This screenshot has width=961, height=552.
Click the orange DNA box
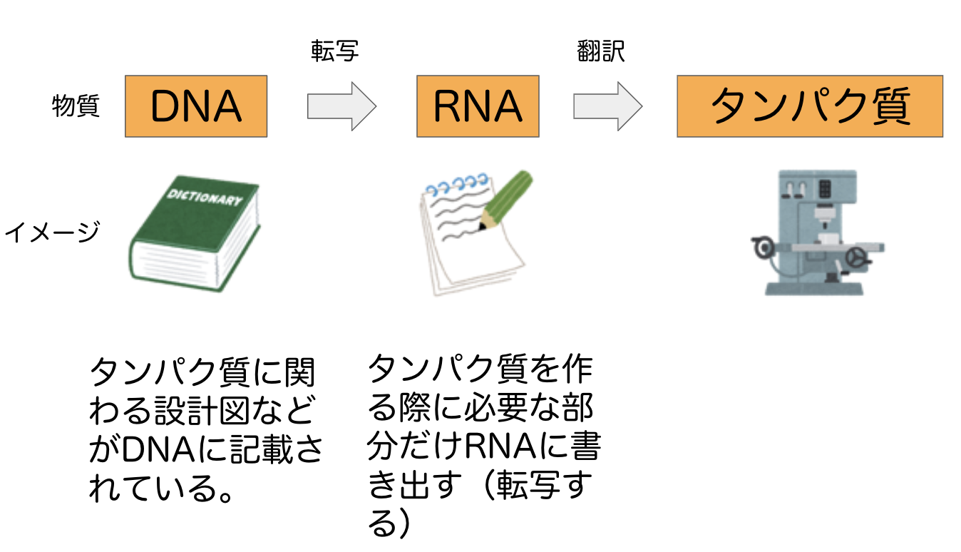pyautogui.click(x=195, y=106)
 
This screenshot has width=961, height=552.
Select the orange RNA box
pyautogui.click(x=478, y=106)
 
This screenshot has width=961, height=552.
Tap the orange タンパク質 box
pyautogui.click(x=809, y=106)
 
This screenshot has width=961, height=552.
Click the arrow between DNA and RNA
pyautogui.click(x=341, y=106)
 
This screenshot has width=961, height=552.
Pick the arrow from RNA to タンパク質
pyautogui.click(x=607, y=106)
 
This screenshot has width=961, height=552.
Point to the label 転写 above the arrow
pyautogui.click(x=334, y=52)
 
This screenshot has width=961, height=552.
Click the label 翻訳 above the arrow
pyautogui.click(x=600, y=52)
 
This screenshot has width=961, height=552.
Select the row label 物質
pyautogui.click(x=76, y=107)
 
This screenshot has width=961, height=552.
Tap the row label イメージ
pyautogui.click(x=51, y=232)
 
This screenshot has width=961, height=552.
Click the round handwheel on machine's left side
pyautogui.click(x=764, y=247)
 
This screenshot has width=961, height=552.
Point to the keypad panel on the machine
pyautogui.click(x=826, y=189)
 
